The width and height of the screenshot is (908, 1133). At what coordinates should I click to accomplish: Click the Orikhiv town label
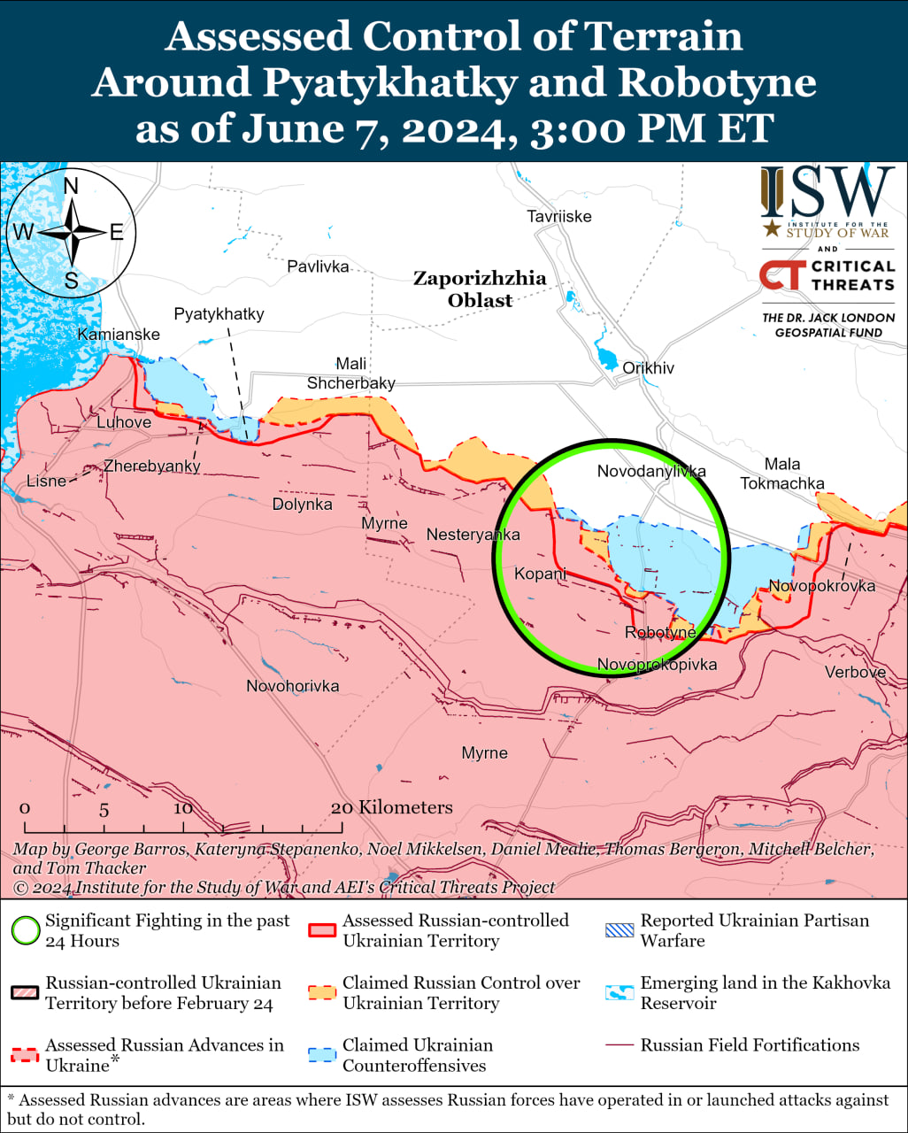pyautogui.click(x=648, y=368)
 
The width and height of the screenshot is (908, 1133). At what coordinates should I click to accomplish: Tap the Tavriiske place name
pyautogui.click(x=558, y=217)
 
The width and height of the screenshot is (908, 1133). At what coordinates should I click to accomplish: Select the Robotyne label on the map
pyautogui.click(x=660, y=633)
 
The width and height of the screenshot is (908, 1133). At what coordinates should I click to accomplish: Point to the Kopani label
pyautogui.click(x=540, y=574)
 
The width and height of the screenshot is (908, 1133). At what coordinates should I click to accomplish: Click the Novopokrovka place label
pyautogui.click(x=821, y=586)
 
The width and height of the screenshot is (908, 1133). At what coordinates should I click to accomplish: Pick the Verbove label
pyautogui.click(x=855, y=673)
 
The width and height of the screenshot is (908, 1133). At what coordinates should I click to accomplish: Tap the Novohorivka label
pyautogui.click(x=292, y=686)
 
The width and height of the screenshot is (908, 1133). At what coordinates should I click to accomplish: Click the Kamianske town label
pyautogui.click(x=119, y=335)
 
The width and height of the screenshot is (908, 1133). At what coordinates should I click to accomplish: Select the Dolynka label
pyautogui.click(x=302, y=505)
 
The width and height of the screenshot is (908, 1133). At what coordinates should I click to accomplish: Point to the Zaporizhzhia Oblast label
pyautogui.click(x=480, y=289)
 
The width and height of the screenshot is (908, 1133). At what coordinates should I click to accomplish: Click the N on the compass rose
pyautogui.click(x=71, y=186)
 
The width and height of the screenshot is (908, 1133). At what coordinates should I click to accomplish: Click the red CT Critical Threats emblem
pyautogui.click(x=781, y=275)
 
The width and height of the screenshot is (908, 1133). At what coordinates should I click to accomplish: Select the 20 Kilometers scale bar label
pyautogui.click(x=391, y=807)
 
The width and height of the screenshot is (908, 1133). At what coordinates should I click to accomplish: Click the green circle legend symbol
pyautogui.click(x=26, y=930)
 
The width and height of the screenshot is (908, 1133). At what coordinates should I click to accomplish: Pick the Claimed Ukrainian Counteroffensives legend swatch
pyautogui.click(x=322, y=1055)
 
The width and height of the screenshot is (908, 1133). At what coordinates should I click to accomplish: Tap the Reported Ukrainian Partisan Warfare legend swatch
pyautogui.click(x=619, y=930)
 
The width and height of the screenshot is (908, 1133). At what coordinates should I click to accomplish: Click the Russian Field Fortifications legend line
pyautogui.click(x=619, y=1045)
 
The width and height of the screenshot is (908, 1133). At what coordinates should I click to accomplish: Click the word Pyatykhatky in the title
pyautogui.click(x=390, y=82)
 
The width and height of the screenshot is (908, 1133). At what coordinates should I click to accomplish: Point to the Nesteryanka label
pyautogui.click(x=473, y=535)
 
